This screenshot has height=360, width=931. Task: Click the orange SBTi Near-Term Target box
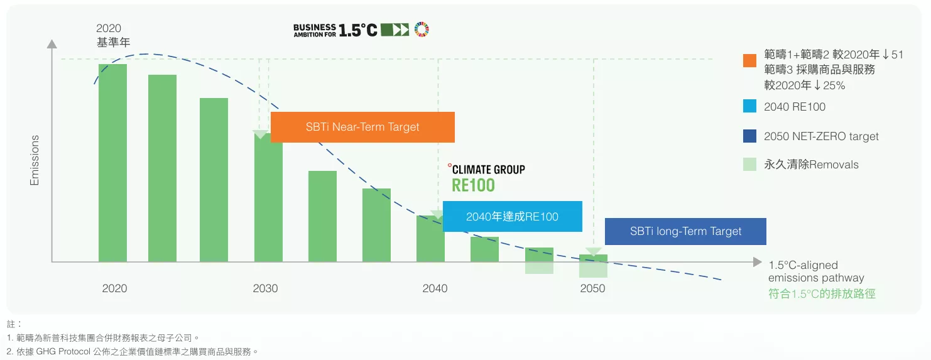pyautogui.click(x=362, y=127)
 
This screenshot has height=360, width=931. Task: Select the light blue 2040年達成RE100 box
pyautogui.click(x=513, y=216)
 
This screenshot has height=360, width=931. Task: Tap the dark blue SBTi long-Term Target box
pyautogui.click(x=685, y=231)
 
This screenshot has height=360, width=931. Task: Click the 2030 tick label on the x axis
pyautogui.click(x=265, y=288)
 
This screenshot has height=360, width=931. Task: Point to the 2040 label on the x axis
pyautogui.click(x=435, y=288)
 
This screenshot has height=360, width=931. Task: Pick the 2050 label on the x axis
pyautogui.click(x=592, y=288)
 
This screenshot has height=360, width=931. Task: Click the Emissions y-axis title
pyautogui.click(x=35, y=160)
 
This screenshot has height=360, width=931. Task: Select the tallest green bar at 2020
pyautogui.click(x=112, y=163)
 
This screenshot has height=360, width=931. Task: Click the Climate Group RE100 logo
pyautogui.click(x=486, y=178)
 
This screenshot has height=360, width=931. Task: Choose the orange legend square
pyautogui.click(x=750, y=61)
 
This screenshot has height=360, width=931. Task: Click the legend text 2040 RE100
pyautogui.click(x=795, y=107)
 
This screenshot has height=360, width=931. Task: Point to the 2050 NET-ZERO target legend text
pyautogui.click(x=821, y=136)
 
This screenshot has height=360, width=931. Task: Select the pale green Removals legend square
pyautogui.click(x=750, y=164)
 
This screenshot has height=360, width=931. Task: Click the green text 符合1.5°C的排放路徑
pyautogui.click(x=822, y=294)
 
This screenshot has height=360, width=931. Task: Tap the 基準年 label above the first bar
pyautogui.click(x=114, y=42)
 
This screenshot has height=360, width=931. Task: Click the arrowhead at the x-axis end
pyautogui.click(x=757, y=263)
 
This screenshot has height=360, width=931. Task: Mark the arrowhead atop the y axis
pyautogui.click(x=52, y=44)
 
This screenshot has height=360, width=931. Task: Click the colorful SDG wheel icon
pyautogui.click(x=422, y=30)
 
